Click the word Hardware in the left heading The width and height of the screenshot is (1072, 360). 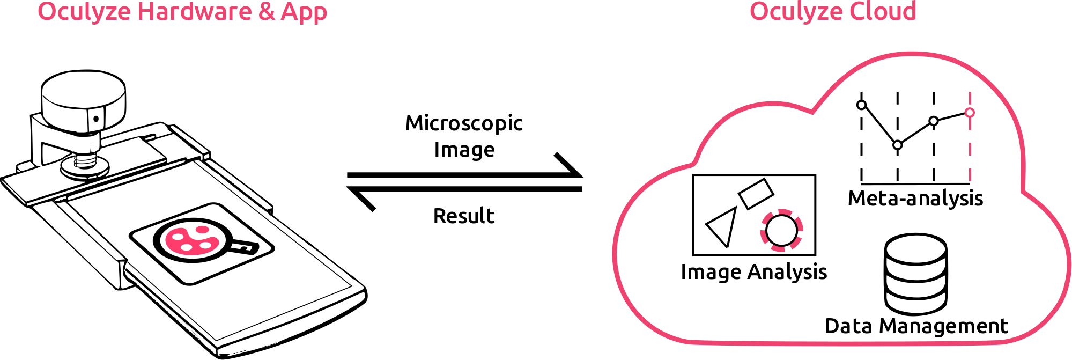click(194, 12)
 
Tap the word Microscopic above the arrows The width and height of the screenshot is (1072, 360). click(464, 123)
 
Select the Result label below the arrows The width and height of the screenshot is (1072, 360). click(463, 216)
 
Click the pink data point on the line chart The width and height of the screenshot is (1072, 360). click(970, 113)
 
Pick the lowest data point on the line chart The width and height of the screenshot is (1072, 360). click(898, 145)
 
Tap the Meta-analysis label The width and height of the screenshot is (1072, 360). click(915, 199)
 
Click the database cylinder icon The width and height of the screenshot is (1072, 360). click(916, 274)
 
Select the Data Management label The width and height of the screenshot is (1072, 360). click(916, 326)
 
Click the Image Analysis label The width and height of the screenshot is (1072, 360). click(753, 272)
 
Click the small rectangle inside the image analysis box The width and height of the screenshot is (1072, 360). click(756, 193)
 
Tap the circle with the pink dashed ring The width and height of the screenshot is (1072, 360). click(781, 230)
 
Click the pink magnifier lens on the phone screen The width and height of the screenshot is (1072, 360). click(191, 240)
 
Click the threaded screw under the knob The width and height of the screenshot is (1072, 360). click(85, 161)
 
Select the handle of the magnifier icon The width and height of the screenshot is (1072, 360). click(245, 247)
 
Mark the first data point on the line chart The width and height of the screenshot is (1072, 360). click(862, 105)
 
